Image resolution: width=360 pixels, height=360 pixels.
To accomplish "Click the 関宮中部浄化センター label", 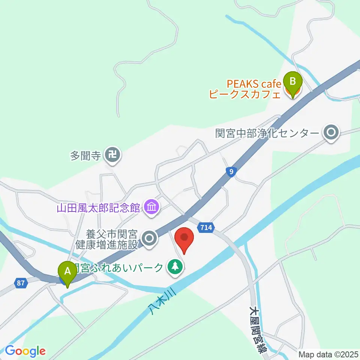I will click(x=267, y=133).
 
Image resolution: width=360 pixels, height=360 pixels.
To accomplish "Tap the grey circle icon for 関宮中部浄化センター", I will click(x=331, y=132).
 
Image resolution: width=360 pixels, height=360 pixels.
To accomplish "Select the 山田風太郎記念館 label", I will click(x=98, y=207).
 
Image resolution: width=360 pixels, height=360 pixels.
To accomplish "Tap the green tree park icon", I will click(x=174, y=267).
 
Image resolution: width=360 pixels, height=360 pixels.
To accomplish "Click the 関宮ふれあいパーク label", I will click(x=118, y=267).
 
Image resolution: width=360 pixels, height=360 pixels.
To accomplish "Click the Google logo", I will click(x=25, y=351).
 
